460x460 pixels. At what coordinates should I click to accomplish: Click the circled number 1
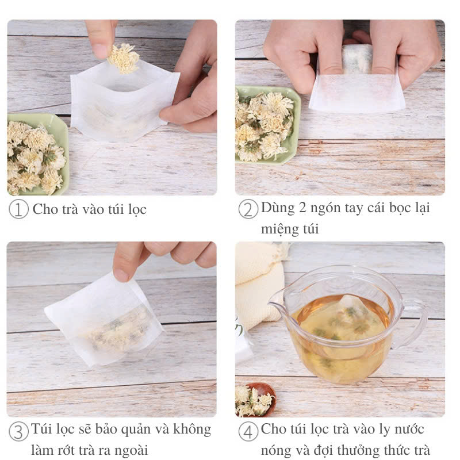18,209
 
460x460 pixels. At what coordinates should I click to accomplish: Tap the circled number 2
248,209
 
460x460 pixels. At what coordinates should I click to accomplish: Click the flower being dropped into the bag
124,58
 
